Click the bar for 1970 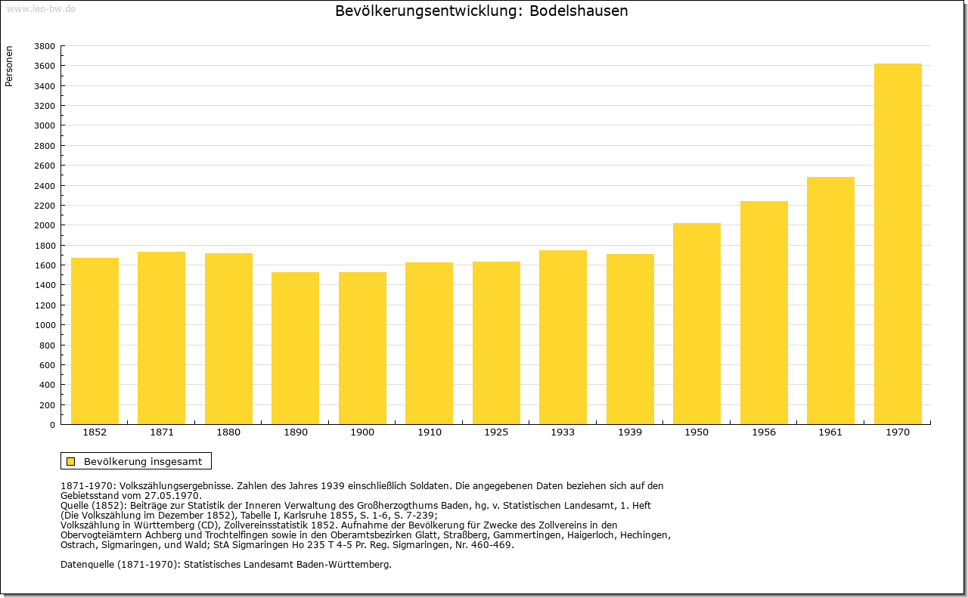click(898, 243)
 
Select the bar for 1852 click(95, 341)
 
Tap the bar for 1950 click(697, 324)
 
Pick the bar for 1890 click(295, 349)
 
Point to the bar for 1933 click(563, 337)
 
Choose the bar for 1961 click(830, 300)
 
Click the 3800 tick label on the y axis click(45, 46)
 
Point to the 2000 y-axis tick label click(45, 225)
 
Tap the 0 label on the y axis click(52, 425)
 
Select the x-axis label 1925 click(496, 432)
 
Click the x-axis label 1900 click(362, 432)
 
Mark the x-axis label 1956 click(764, 432)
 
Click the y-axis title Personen click(9, 66)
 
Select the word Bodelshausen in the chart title click(579, 11)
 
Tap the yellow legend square click(70, 461)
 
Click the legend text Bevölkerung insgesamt click(143, 461)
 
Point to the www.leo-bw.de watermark click(41, 9)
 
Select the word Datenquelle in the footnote click(88, 565)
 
